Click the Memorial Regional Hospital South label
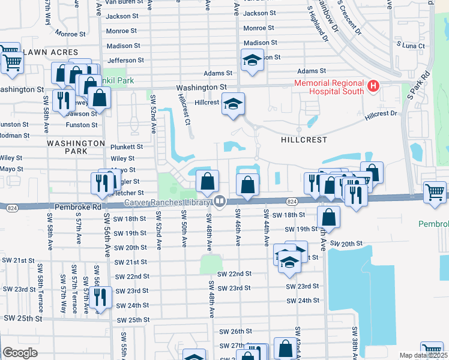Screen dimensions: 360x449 tap(328, 87)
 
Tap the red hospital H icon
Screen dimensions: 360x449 tap(373, 87)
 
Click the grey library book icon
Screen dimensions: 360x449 tap(220, 202)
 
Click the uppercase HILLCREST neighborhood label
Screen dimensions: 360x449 tap(304, 139)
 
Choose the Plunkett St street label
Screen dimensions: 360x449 tap(126, 146)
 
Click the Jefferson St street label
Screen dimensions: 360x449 tap(125, 61)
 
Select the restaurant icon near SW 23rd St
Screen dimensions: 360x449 tap(100, 298)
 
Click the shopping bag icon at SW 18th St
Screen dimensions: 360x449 tap(328, 217)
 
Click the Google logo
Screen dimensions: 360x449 tap(20, 353)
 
